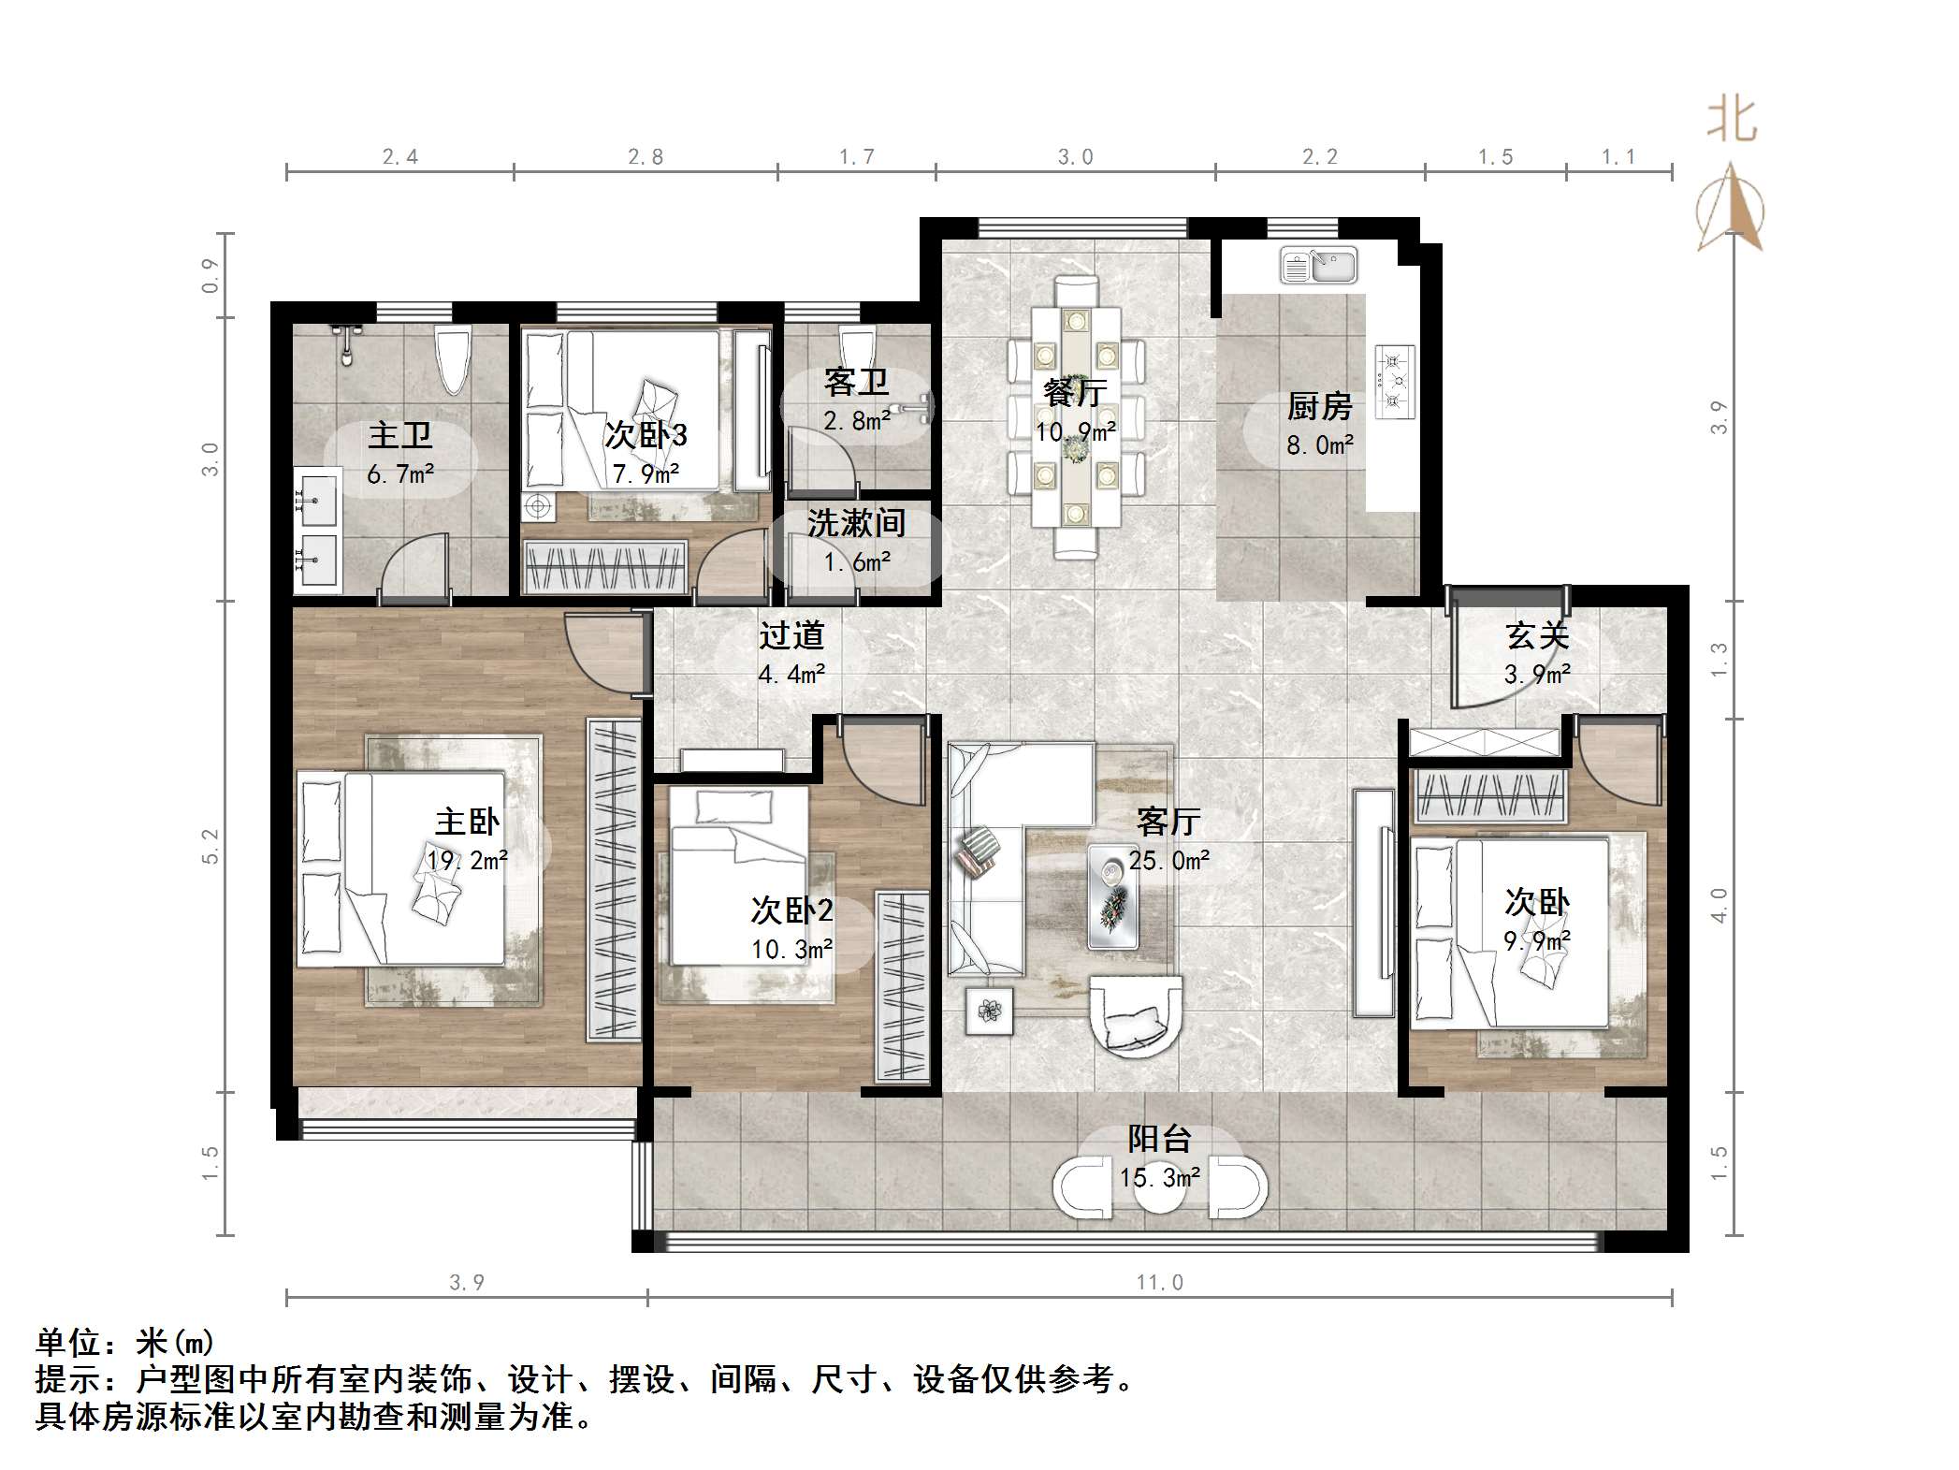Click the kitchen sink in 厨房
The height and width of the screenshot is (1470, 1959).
(x=1318, y=266)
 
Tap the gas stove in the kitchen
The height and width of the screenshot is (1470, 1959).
(x=1394, y=381)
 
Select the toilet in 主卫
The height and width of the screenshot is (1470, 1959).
(x=454, y=360)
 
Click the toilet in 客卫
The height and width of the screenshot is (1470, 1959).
(x=855, y=342)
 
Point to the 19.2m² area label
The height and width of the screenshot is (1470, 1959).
(x=467, y=860)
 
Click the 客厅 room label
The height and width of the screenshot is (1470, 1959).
(x=1168, y=822)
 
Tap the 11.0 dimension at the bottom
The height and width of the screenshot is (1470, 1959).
(x=1159, y=1283)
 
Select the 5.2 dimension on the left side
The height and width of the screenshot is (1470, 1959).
(x=210, y=846)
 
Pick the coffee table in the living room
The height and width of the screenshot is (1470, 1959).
(x=1113, y=895)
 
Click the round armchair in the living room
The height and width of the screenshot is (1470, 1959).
(x=1136, y=1017)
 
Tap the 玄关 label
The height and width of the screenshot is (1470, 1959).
(x=1537, y=636)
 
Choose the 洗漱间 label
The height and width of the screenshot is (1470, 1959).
(x=856, y=523)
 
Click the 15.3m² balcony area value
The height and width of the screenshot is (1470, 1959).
(x=1159, y=1177)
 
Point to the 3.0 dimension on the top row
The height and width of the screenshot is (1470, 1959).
(x=1075, y=157)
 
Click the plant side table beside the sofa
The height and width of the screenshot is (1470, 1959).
(x=989, y=1011)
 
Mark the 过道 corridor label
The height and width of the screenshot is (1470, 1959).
(x=791, y=636)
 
